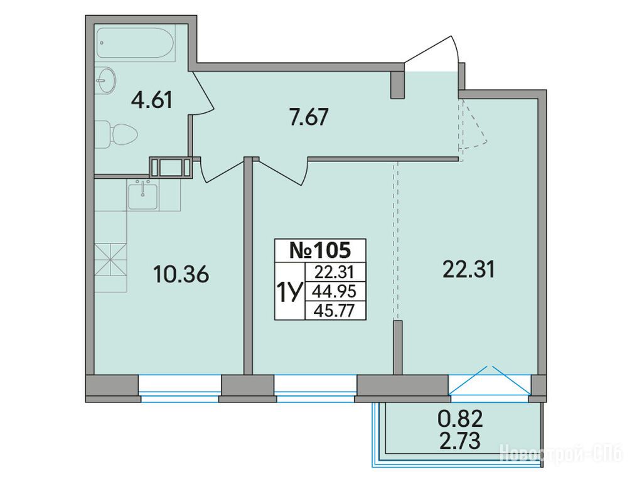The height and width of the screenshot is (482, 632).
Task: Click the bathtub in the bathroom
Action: [136, 43]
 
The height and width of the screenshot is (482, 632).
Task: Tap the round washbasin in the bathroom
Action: [106, 80]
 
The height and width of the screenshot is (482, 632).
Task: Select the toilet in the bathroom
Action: [117, 134]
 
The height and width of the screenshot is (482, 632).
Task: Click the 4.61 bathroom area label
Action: [152, 100]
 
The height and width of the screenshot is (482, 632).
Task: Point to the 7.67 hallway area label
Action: [309, 117]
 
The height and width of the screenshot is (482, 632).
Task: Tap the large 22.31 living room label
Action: [468, 269]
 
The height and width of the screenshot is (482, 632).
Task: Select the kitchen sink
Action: [143, 195]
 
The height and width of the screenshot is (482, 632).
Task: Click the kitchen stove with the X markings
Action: [110, 260]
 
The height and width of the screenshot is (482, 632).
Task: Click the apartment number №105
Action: [321, 250]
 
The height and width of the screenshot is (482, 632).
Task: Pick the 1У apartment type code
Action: [288, 292]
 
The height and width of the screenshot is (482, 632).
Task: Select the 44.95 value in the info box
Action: [335, 291]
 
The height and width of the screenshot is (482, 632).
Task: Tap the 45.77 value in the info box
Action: [335, 311]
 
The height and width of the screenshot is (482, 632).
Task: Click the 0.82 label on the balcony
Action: [460, 420]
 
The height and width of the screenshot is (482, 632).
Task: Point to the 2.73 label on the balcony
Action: [460, 441]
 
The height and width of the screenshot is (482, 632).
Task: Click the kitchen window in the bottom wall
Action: [179, 387]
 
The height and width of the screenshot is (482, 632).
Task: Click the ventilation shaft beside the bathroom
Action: [171, 167]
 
